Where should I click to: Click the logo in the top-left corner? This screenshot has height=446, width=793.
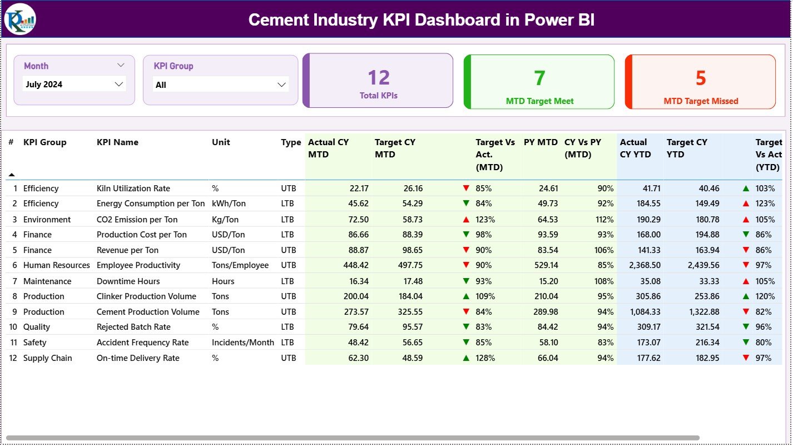20,19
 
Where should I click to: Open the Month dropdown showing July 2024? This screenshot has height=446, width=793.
75,85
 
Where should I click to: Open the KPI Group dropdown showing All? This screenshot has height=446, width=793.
220,85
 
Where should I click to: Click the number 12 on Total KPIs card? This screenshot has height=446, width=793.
379,78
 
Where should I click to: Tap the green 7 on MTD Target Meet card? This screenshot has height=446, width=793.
539,78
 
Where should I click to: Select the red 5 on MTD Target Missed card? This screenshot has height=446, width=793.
701,78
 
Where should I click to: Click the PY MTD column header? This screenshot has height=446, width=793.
540,142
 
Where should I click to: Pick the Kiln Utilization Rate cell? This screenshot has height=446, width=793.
133,189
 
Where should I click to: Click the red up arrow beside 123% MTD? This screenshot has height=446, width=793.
466,220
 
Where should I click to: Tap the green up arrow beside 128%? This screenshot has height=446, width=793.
466,358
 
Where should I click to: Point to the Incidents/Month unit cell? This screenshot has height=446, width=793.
243,343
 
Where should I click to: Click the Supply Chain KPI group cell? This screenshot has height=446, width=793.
47,358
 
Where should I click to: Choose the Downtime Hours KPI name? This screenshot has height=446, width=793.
128,281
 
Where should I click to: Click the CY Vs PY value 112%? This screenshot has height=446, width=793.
604,220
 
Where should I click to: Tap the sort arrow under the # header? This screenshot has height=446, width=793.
12,175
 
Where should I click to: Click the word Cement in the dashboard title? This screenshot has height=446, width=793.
280,20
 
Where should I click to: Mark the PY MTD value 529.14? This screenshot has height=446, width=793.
545,265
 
